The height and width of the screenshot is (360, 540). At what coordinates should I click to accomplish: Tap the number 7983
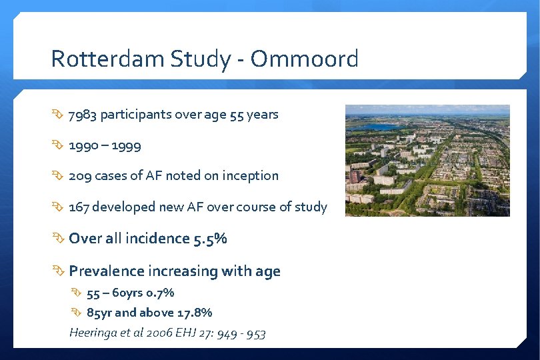82,115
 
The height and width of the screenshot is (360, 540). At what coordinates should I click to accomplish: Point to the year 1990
83,145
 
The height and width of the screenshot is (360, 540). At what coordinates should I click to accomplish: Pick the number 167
79,207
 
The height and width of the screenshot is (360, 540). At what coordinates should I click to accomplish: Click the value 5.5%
210,239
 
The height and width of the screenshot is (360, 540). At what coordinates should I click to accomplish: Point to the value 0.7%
160,293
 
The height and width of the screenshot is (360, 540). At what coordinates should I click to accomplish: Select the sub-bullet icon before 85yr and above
75,313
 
